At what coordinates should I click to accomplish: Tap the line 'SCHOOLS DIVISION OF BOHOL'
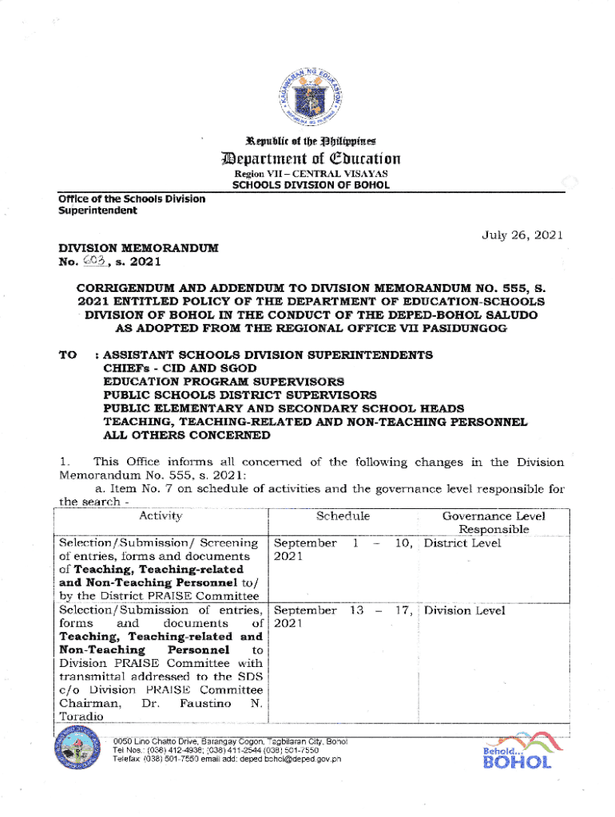(x=310, y=185)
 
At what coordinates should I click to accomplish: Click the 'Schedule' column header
(x=343, y=516)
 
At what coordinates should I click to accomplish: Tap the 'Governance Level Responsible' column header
(x=493, y=523)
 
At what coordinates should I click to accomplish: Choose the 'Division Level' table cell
(x=464, y=610)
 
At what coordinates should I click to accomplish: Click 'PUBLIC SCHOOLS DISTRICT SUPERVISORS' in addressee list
(x=240, y=395)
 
